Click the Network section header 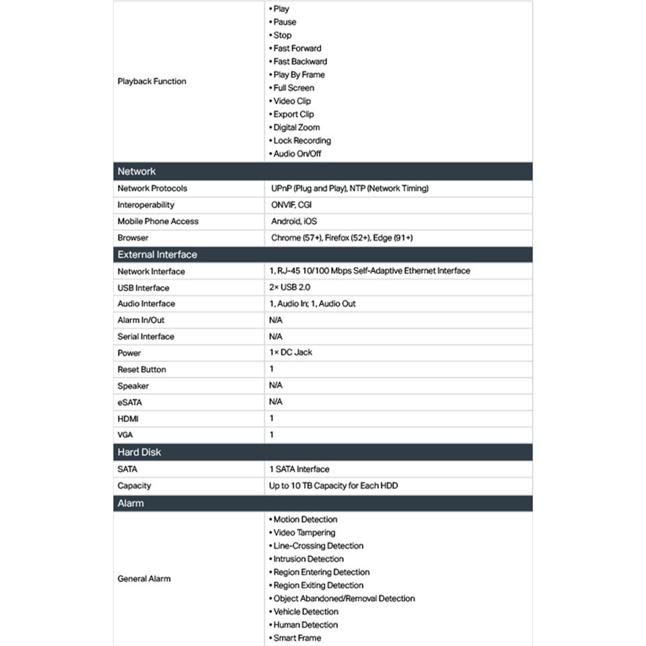137,172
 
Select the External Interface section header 157,255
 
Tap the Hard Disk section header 139,452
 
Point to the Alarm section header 131,503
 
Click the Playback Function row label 151,81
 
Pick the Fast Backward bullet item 300,61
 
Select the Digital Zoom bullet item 296,127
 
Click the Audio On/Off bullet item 297,153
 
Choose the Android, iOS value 293,221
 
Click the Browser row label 133,238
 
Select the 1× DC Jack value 291,353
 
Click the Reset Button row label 141,369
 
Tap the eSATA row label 130,402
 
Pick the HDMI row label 128,419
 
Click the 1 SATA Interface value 299,469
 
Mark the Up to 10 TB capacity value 335,486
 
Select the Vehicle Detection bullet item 306,612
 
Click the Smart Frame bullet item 297,638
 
